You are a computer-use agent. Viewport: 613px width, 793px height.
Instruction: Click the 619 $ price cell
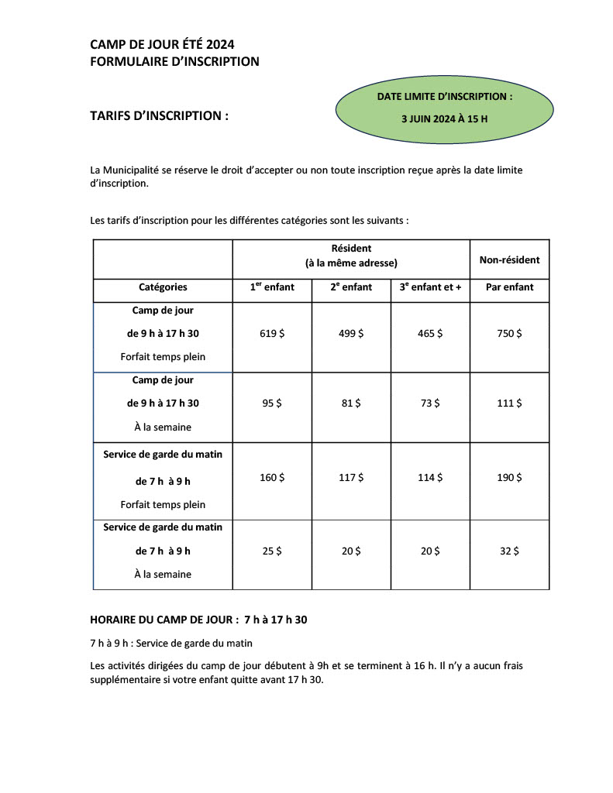[272, 334]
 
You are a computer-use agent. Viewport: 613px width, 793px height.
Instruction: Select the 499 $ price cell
[351, 334]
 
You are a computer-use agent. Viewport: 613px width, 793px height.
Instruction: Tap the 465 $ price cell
[430, 334]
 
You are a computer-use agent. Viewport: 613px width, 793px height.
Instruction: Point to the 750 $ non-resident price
[509, 334]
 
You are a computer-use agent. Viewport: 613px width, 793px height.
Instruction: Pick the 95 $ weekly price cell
[272, 403]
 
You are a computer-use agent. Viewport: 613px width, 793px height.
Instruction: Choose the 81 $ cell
[351, 403]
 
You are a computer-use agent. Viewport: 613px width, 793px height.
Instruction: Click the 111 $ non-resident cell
[509, 403]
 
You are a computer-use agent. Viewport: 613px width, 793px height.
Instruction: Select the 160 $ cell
[272, 478]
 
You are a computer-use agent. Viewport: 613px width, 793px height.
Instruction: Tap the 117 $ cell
[351, 478]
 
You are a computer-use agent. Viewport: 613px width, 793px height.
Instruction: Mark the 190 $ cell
[509, 478]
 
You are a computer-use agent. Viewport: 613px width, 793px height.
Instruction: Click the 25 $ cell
[272, 551]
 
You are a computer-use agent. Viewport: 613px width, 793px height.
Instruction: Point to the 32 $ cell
[509, 551]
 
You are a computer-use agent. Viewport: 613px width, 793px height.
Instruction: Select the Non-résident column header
[509, 260]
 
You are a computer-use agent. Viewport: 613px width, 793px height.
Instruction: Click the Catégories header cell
[163, 287]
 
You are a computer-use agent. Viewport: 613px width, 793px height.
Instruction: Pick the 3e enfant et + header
[430, 287]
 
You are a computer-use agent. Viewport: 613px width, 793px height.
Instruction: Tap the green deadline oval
[444, 108]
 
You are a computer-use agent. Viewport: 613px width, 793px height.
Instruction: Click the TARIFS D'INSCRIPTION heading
[160, 116]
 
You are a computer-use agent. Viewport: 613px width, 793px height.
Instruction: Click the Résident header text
[351, 249]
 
